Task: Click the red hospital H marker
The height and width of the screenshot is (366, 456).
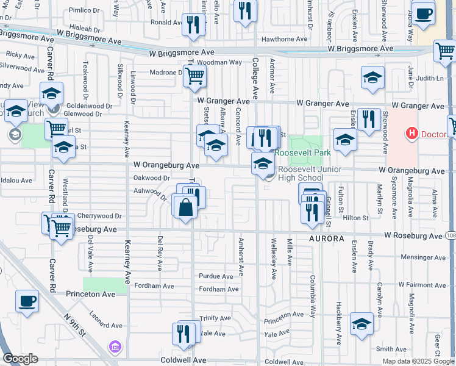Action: point(413,133)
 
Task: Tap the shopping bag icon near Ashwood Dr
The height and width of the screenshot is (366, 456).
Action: point(185,207)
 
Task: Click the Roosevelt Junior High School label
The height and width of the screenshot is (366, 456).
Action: point(301,174)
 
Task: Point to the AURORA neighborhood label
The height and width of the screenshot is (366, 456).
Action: point(327,238)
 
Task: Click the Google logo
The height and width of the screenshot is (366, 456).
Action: point(20,358)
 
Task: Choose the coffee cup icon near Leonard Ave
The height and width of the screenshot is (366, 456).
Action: point(27,300)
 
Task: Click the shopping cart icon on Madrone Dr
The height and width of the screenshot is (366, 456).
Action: point(196,76)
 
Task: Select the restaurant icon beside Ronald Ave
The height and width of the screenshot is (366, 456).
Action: point(193,25)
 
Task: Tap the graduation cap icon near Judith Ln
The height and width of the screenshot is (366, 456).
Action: point(372,77)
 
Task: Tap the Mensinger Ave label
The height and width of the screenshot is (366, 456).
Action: point(422,257)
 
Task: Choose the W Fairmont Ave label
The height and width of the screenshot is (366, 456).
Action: point(421,284)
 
